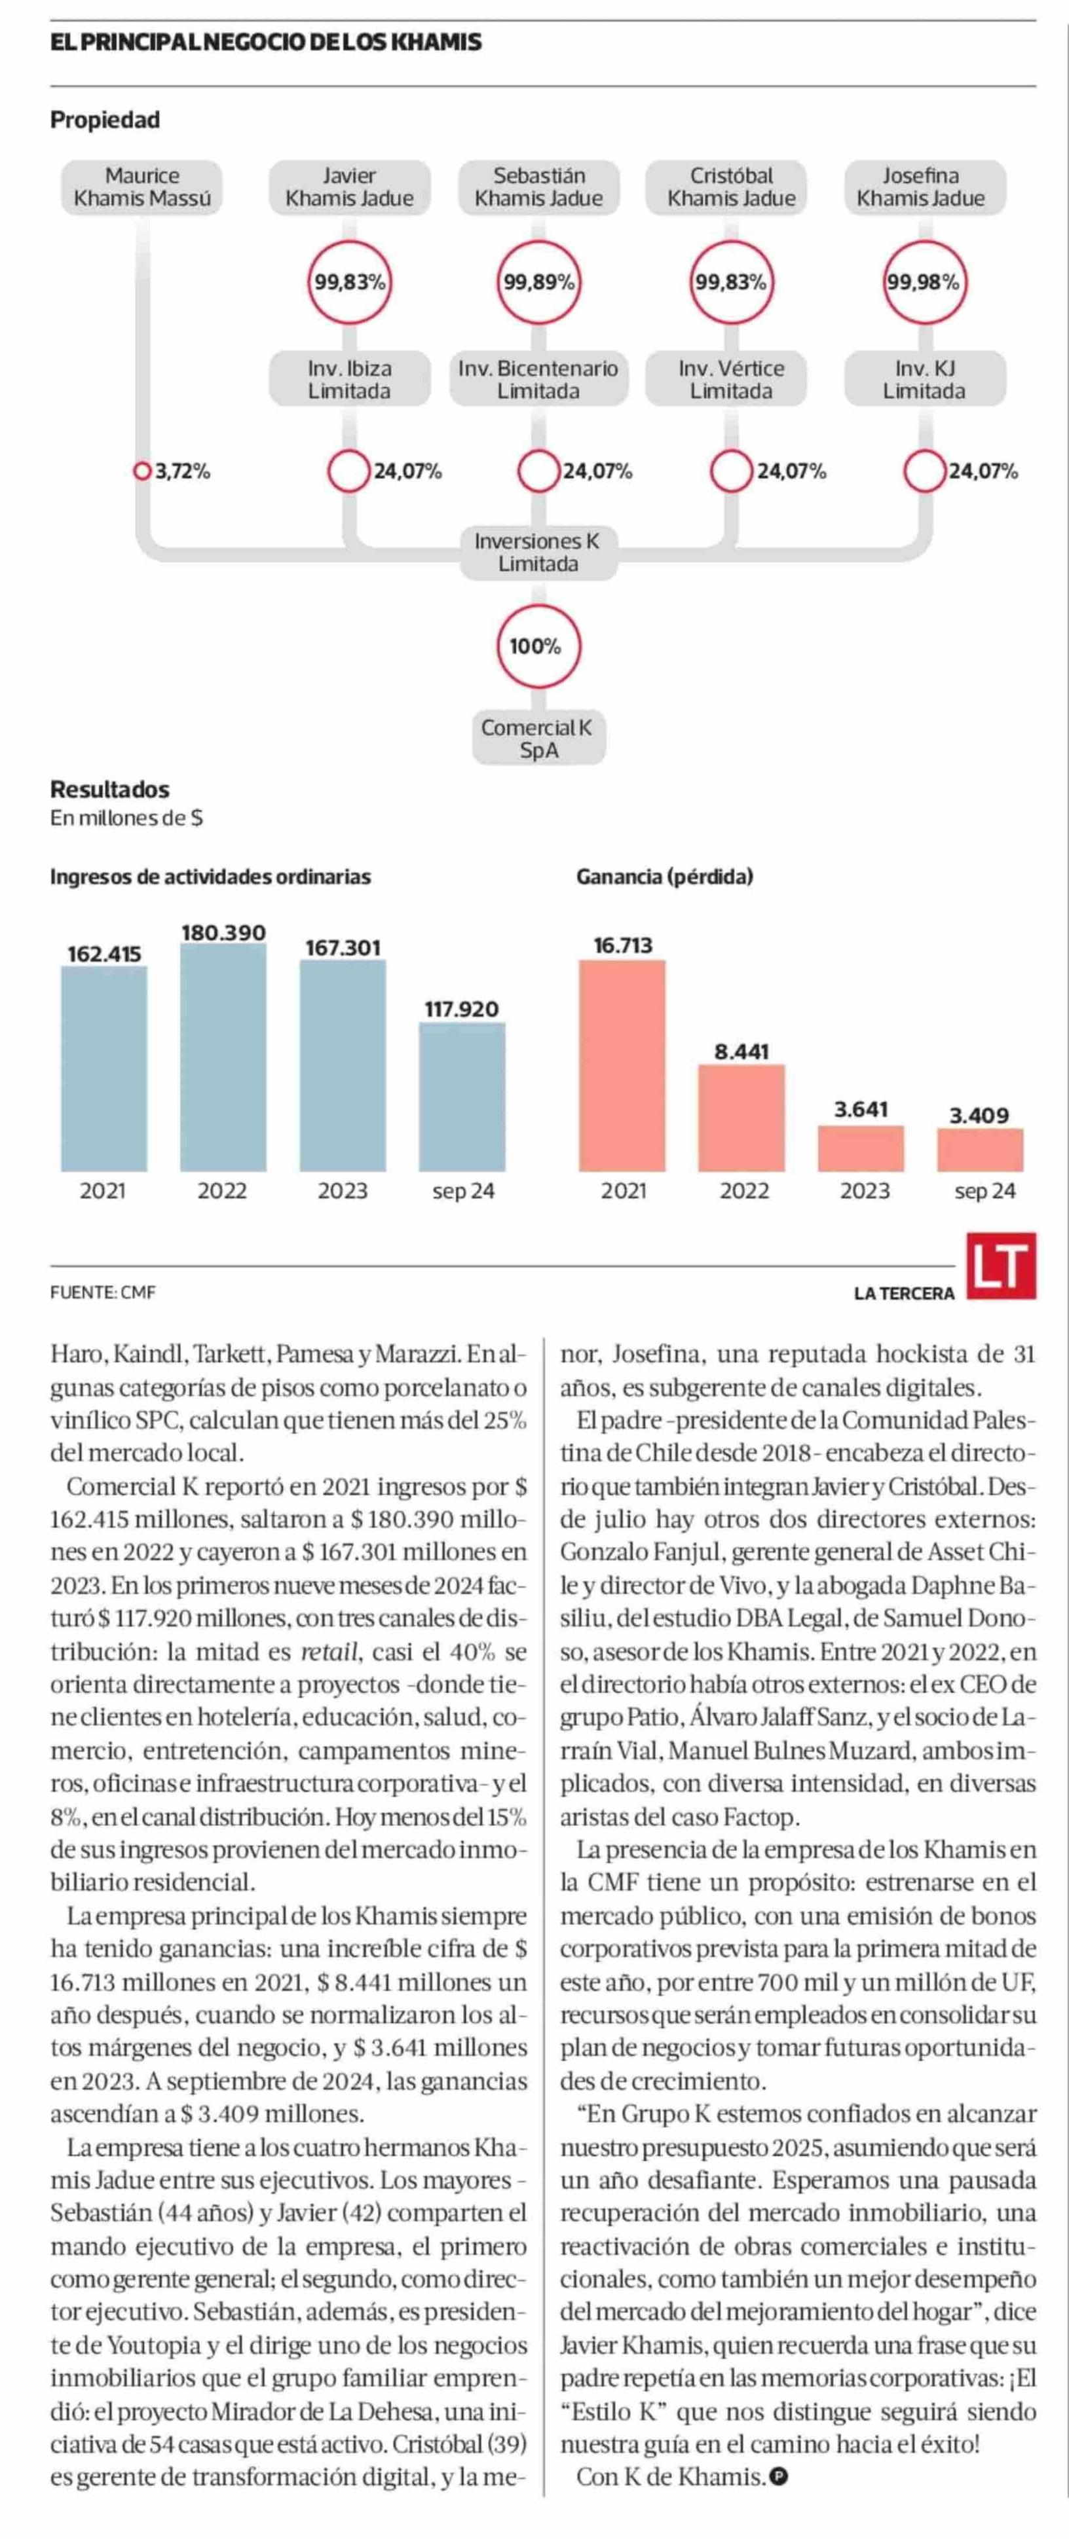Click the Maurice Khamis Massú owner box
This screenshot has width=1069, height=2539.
click(x=142, y=187)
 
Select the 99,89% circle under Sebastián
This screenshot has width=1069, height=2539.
click(x=538, y=282)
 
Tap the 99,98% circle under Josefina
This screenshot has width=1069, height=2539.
click(x=923, y=282)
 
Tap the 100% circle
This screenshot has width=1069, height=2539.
click(x=536, y=647)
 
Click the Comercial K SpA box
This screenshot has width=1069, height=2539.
click(x=538, y=739)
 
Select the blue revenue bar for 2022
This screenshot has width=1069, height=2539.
click(x=223, y=1057)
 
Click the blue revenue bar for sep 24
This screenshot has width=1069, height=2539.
click(x=462, y=1097)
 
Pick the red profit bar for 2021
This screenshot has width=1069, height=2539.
click(x=622, y=1065)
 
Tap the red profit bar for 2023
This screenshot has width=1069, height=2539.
click(x=861, y=1149)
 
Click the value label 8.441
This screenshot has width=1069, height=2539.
click(x=741, y=1051)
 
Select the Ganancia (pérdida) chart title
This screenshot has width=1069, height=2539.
click(x=665, y=876)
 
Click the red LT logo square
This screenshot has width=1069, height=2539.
click(x=1001, y=1266)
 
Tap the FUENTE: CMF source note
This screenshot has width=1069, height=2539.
click(x=103, y=1292)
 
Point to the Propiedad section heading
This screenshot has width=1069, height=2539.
click(x=105, y=120)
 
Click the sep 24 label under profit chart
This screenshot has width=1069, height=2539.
click(x=985, y=1192)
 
